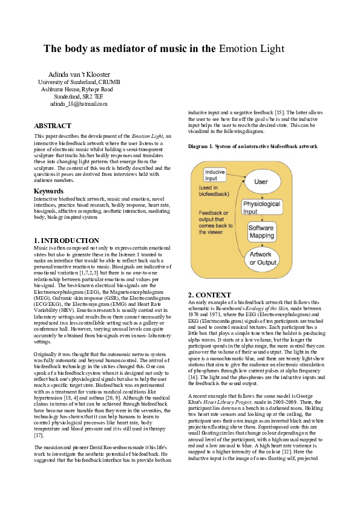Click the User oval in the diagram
point(261,181)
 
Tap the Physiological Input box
point(258,208)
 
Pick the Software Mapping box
point(261,232)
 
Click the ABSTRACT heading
point(52,126)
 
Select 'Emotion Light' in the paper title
point(251,49)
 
